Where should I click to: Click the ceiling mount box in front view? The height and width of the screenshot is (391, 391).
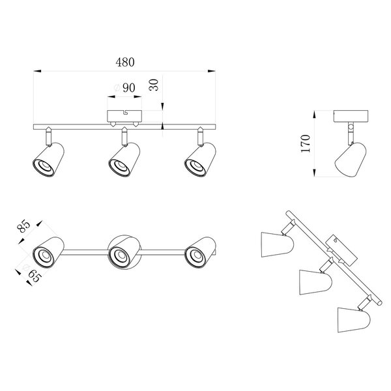click(124, 116)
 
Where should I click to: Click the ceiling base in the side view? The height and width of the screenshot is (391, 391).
click(352, 115)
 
